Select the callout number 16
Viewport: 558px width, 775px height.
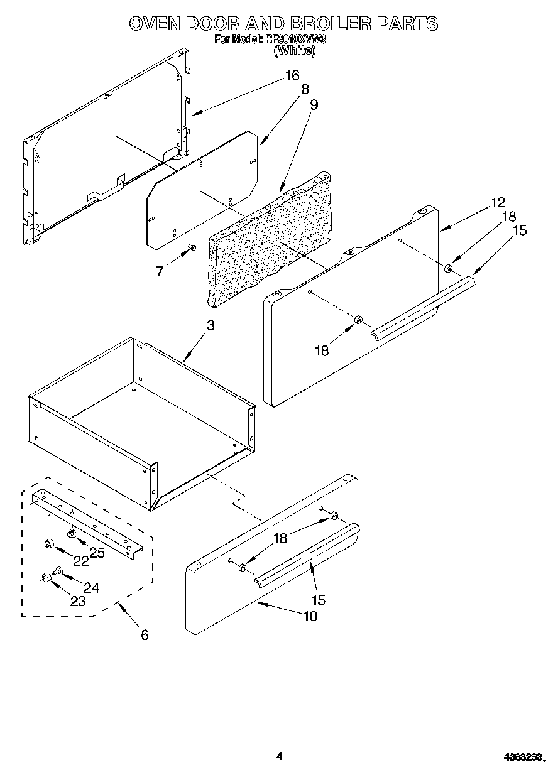tap(292, 75)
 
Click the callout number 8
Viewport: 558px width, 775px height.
tap(305, 90)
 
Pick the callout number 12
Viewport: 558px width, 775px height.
tap(498, 203)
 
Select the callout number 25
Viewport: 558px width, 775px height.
tap(97, 552)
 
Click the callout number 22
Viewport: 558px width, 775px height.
tap(80, 560)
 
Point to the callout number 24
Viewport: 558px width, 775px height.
tap(91, 588)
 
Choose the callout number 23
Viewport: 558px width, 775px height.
tap(77, 601)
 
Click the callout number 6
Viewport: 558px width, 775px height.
tap(145, 635)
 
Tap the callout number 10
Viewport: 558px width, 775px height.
tap(310, 616)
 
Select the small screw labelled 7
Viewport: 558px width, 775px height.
tap(192, 248)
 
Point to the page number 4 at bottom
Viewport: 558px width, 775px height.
tap(280, 757)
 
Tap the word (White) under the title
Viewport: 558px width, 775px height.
tap(294, 51)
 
